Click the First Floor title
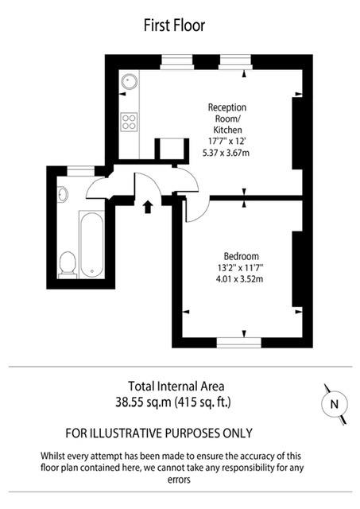[174, 25]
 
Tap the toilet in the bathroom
[68, 262]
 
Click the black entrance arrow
[147, 208]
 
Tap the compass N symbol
[334, 404]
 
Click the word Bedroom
[242, 256]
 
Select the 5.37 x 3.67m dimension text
[227, 153]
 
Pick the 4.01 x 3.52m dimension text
[242, 280]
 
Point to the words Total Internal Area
[180, 385]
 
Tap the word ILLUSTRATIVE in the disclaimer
[138, 433]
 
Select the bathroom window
[79, 169]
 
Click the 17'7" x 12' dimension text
[227, 141]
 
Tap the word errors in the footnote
[180, 480]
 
